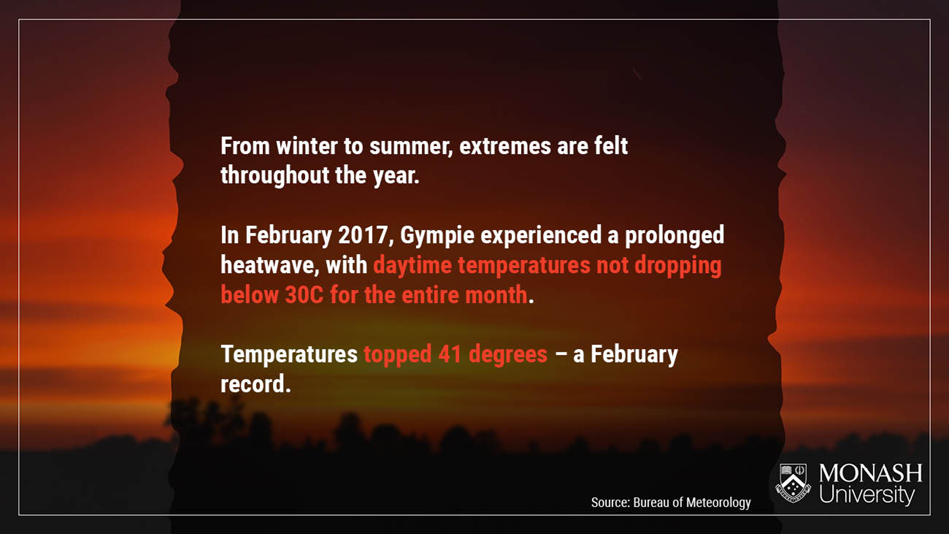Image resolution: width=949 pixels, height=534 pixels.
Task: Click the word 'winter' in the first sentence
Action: (307, 146)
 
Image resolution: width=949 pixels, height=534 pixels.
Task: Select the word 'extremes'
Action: (505, 146)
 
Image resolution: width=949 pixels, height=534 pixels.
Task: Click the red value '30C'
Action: (304, 295)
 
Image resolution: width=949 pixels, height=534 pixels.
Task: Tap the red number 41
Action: (450, 354)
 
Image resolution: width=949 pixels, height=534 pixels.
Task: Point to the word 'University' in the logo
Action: (867, 495)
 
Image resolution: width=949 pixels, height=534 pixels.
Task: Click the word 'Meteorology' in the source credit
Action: (718, 502)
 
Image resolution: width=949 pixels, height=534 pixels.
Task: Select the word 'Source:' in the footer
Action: (611, 502)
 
